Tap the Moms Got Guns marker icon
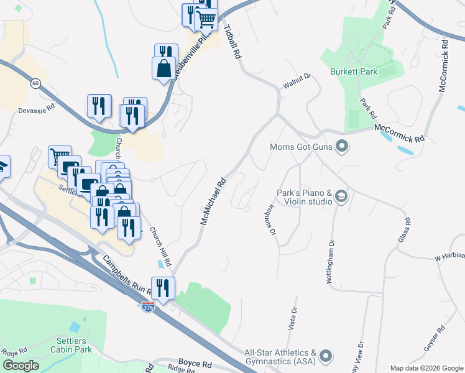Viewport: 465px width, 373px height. pyautogui.click(x=341, y=147)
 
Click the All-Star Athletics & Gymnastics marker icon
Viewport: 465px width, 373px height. pyautogui.click(x=326, y=356)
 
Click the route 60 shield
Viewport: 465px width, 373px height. pyautogui.click(x=35, y=83)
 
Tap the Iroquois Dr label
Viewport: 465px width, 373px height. pyautogui.click(x=265, y=219)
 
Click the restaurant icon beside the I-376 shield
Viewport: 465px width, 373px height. pyautogui.click(x=163, y=288)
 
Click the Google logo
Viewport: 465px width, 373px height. pyautogui.click(x=21, y=366)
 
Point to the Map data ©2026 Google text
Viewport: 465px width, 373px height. pyautogui.click(x=426, y=368)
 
